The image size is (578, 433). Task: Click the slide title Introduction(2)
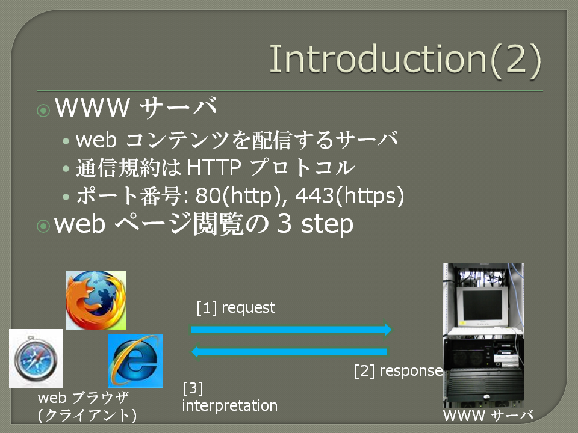(405, 60)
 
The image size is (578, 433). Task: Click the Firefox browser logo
(96, 299)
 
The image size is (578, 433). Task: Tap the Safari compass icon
(36, 358)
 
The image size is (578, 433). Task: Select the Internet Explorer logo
(135, 360)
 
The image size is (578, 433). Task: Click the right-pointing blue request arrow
(291, 329)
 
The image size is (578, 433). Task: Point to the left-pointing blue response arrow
(290, 352)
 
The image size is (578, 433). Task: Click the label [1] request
(236, 307)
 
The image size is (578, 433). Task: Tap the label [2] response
(399, 370)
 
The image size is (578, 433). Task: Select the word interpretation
(229, 405)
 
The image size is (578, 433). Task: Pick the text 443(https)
(349, 195)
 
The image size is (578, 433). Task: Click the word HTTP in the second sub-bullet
(214, 168)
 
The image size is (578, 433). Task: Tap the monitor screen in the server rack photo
(482, 306)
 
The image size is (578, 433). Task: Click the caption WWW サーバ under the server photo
(488, 416)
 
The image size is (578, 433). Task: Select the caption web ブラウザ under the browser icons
(83, 398)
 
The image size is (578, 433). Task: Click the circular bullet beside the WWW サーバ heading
(43, 110)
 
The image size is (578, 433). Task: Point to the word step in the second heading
(327, 224)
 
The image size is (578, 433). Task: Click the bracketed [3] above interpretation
(193, 388)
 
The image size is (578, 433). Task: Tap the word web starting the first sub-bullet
(96, 140)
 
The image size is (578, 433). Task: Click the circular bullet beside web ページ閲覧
(43, 226)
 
